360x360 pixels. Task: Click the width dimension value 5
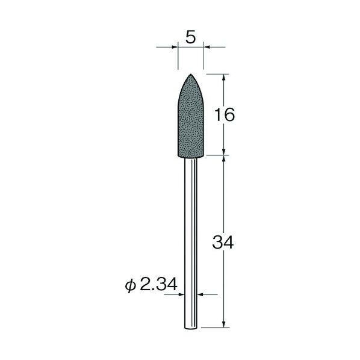190,37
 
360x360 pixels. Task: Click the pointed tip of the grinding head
190,75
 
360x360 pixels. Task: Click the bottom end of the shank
190,327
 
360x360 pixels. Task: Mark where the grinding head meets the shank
190,155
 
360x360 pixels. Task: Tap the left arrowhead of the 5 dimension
175,46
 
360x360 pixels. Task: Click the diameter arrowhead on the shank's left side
182,294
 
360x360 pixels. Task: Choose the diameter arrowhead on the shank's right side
200,294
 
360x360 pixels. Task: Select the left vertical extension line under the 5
179,57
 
